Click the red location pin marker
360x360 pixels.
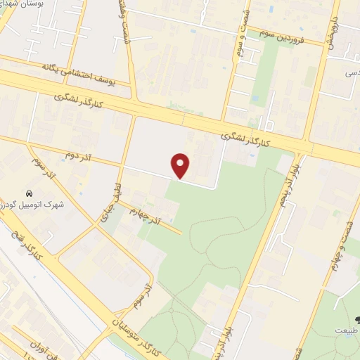[181, 166]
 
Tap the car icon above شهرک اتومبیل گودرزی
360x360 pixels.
[28, 193]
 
